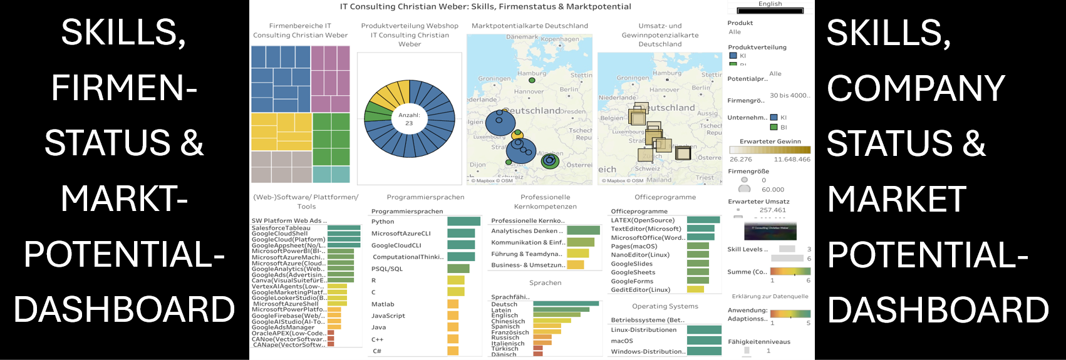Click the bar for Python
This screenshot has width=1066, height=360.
pyautogui.click(x=463, y=221)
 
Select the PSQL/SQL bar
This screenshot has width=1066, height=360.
pyautogui.click(x=458, y=269)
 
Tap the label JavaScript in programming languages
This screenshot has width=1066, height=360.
pyautogui.click(x=388, y=316)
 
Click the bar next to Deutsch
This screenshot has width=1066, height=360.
pyautogui.click(x=566, y=304)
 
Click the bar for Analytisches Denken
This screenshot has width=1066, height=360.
pyautogui.click(x=583, y=230)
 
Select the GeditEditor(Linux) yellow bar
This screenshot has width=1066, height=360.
pyautogui.click(x=695, y=289)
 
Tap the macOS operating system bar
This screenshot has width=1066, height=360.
pyautogui.click(x=704, y=341)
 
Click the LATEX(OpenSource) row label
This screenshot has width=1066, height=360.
pyautogui.click(x=643, y=220)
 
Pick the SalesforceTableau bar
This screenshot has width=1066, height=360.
pyautogui.click(x=344, y=228)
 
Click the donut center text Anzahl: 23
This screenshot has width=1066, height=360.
pyautogui.click(x=409, y=119)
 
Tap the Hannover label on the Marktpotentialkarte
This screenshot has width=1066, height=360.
pyautogui.click(x=529, y=91)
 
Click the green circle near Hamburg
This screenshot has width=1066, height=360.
pyautogui.click(x=532, y=80)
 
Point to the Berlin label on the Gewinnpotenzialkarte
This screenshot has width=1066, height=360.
pyautogui.click(x=701, y=88)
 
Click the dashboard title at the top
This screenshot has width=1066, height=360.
pyautogui.click(x=485, y=6)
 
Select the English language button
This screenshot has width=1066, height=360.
pyautogui.click(x=770, y=7)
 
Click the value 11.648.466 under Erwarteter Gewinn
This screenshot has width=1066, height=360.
pyautogui.click(x=792, y=159)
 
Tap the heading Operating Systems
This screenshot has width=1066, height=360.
pyautogui.click(x=665, y=306)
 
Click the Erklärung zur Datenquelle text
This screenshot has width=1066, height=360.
pyautogui.click(x=770, y=296)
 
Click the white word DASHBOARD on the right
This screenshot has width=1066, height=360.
pyautogui.click(x=938, y=309)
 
